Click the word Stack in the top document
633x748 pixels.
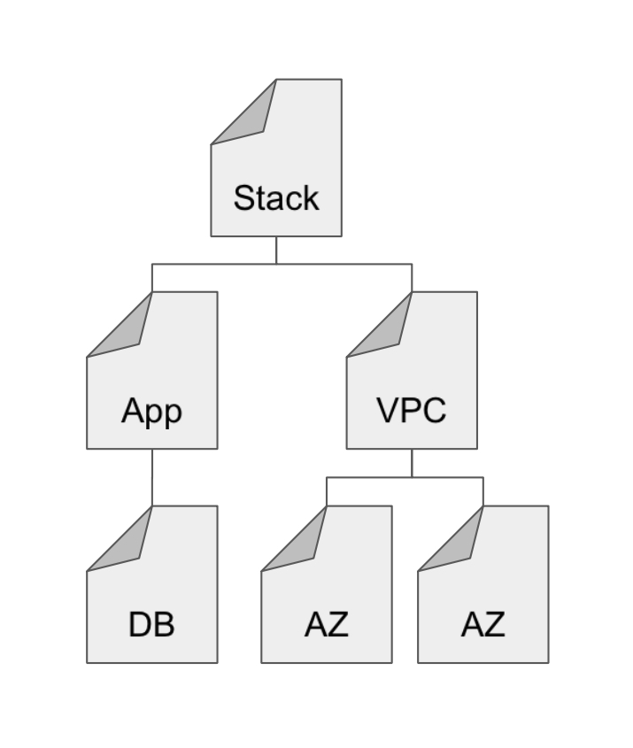coord(275,197)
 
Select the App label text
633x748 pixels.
coord(151,411)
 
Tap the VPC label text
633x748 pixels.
coord(411,411)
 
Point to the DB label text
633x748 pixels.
coord(151,624)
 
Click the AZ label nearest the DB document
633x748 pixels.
coord(326,624)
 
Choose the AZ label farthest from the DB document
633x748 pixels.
coord(482,624)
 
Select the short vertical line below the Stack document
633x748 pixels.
coord(276,250)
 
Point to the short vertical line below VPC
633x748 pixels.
coord(412,462)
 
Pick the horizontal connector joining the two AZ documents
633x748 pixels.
coord(405,478)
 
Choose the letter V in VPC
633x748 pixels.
coord(387,411)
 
